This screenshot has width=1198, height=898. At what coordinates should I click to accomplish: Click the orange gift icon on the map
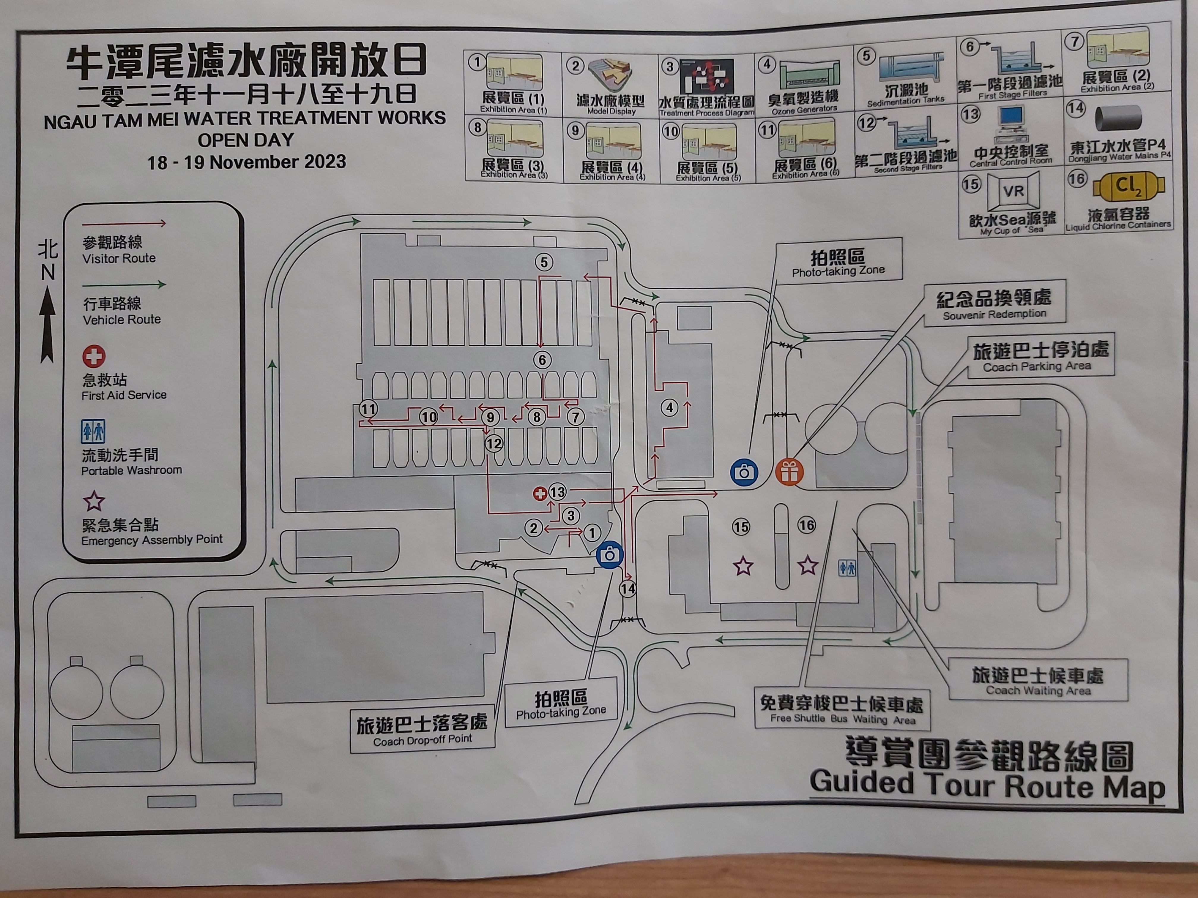click(x=789, y=472)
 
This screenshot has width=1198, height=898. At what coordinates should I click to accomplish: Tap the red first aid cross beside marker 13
click(x=540, y=493)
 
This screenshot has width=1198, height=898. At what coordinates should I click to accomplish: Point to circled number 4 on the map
click(x=670, y=408)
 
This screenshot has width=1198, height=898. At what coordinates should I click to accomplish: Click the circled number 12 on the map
click(x=494, y=444)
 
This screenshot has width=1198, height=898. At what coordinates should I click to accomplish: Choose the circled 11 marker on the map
click(x=368, y=409)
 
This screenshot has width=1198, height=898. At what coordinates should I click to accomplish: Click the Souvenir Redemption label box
click(x=994, y=303)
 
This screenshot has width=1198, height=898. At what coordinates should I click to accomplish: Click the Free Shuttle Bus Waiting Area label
click(x=842, y=710)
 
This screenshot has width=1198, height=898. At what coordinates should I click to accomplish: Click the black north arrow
click(x=48, y=325)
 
